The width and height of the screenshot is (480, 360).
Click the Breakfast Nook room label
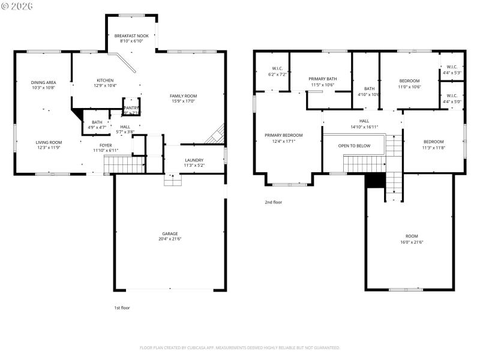(131, 36)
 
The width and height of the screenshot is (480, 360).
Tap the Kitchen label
(106, 80)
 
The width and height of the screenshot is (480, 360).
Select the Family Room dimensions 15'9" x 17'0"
(183, 101)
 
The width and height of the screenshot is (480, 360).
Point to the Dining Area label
(43, 82)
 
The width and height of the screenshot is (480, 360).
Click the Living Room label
(49, 142)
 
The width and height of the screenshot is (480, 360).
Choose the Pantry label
(131, 108)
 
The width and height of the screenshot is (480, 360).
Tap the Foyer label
(106, 145)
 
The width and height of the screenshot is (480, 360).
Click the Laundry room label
(194, 160)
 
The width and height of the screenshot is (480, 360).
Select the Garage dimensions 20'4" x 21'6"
(170, 239)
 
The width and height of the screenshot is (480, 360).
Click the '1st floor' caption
(122, 308)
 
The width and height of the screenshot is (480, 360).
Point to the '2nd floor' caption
(274, 202)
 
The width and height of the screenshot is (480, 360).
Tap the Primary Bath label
(323, 79)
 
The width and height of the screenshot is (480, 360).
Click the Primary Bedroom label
(284, 136)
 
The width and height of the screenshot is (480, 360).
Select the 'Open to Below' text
(352, 146)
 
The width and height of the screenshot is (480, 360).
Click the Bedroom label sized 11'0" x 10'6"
(409, 80)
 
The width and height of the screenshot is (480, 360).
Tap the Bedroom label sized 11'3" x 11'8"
(433, 142)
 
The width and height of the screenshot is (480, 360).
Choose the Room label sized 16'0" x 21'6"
(412, 236)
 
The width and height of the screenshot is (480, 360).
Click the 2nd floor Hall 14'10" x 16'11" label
(364, 121)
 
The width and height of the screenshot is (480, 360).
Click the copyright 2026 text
(18, 5)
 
